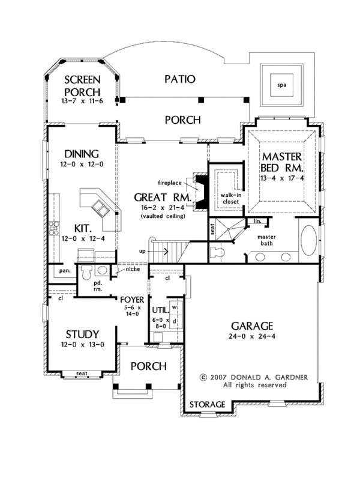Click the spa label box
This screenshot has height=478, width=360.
coord(281,85)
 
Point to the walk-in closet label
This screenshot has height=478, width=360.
coord(229,199)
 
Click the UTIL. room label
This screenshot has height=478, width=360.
coord(159,310)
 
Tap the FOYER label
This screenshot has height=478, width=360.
coord(131,298)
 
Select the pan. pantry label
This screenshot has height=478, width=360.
coord(64,270)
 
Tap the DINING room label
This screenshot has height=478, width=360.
coord(79,153)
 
